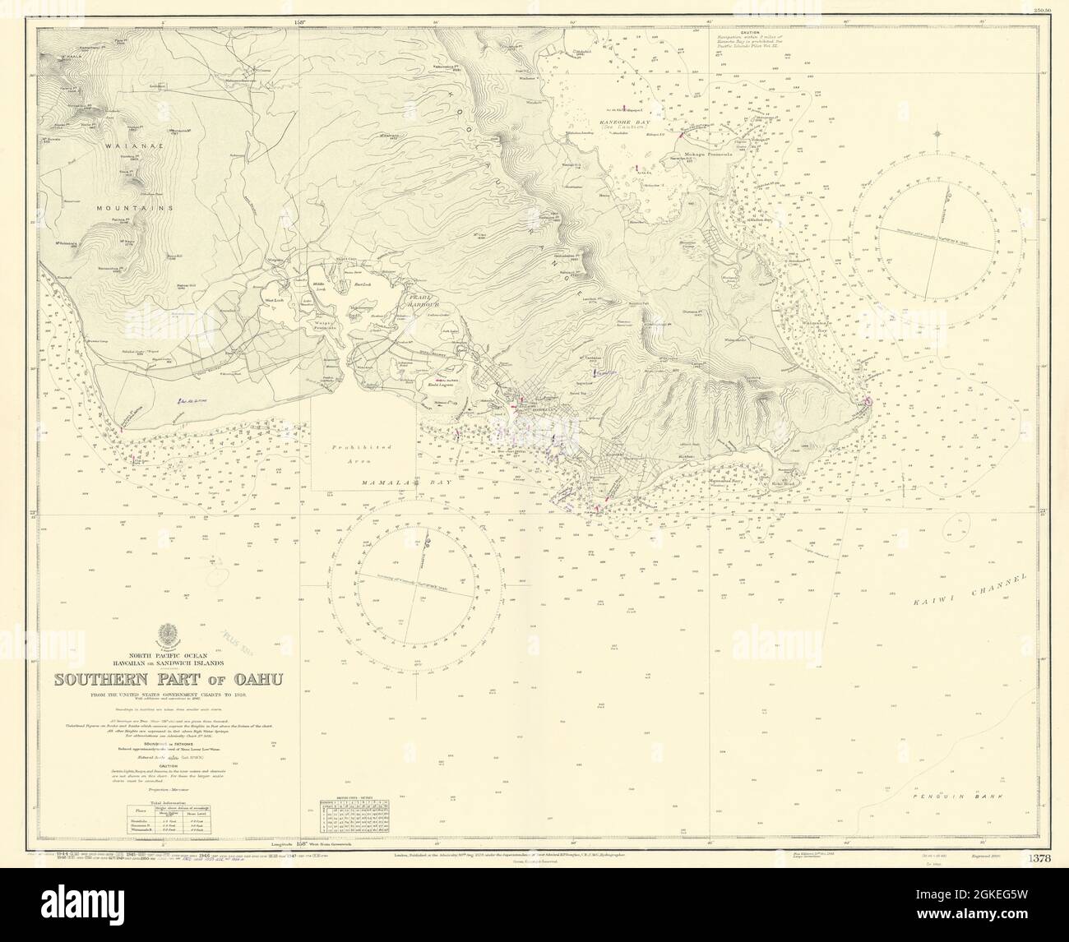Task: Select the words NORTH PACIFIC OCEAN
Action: pyautogui.click(x=168, y=647)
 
